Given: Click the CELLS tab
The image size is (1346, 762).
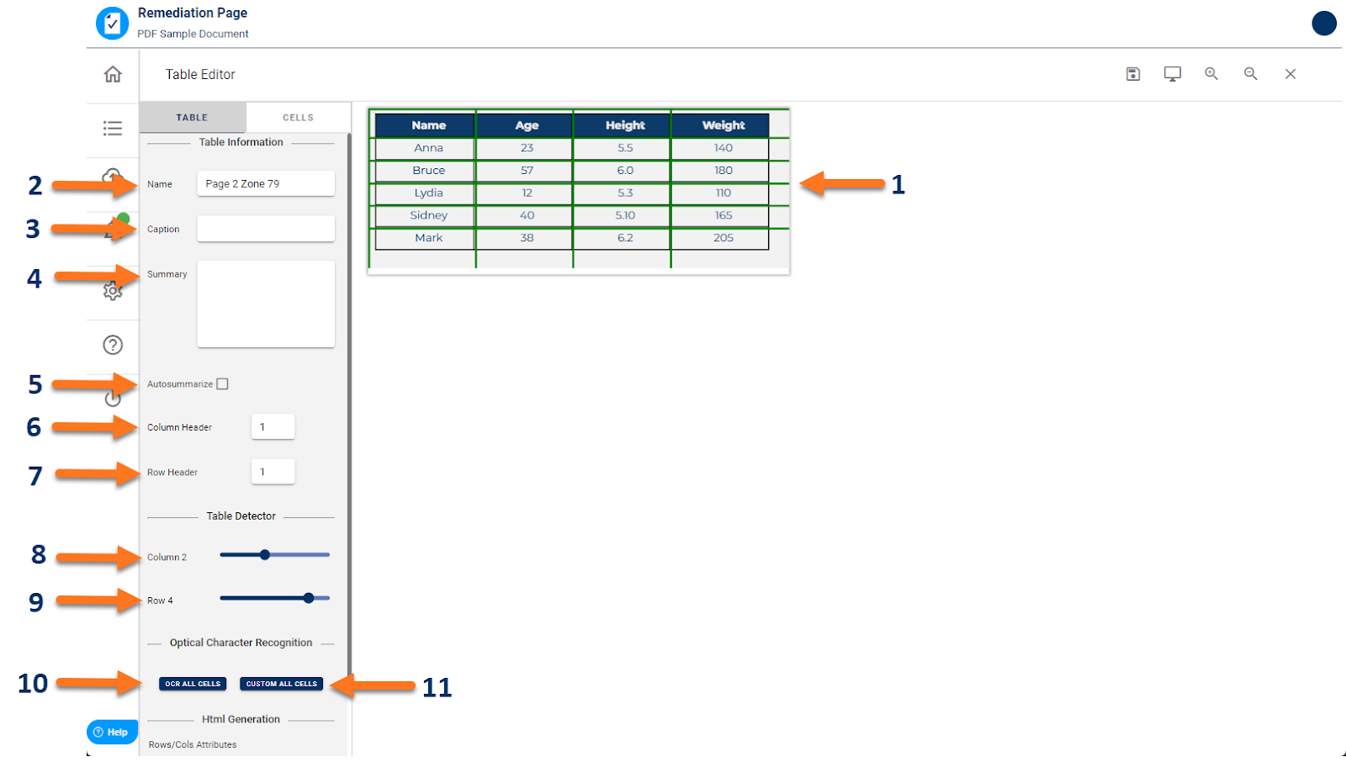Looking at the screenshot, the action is pyautogui.click(x=298, y=118).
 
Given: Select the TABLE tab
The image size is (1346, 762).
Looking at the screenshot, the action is pyautogui.click(x=192, y=118).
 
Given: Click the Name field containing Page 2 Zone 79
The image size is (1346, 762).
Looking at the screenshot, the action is pyautogui.click(x=266, y=183).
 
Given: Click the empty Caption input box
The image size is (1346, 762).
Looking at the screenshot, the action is pyautogui.click(x=266, y=229).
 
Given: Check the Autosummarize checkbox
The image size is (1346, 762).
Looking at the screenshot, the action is pyautogui.click(x=223, y=384).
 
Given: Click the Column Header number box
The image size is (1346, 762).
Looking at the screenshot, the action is pyautogui.click(x=273, y=427).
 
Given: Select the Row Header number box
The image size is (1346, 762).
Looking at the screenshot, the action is pyautogui.click(x=273, y=472).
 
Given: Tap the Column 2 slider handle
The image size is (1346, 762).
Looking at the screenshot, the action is pyautogui.click(x=265, y=555).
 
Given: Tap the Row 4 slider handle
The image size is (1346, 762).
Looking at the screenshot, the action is pyautogui.click(x=309, y=598).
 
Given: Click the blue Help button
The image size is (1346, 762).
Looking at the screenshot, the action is pyautogui.click(x=111, y=732).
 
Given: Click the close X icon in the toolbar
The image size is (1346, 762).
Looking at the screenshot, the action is pyautogui.click(x=1290, y=74).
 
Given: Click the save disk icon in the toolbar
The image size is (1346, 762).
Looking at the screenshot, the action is pyautogui.click(x=1133, y=74).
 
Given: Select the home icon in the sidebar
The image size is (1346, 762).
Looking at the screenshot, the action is pyautogui.click(x=113, y=75).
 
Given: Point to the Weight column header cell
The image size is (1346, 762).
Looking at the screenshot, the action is pyautogui.click(x=723, y=125).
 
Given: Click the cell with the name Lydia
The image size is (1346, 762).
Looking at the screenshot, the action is pyautogui.click(x=428, y=193).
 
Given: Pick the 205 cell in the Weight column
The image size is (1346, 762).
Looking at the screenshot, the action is pyautogui.click(x=723, y=238).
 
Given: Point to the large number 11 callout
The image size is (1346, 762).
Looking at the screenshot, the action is pyautogui.click(x=437, y=688).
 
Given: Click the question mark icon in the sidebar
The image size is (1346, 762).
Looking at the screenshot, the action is pyautogui.click(x=113, y=345).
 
